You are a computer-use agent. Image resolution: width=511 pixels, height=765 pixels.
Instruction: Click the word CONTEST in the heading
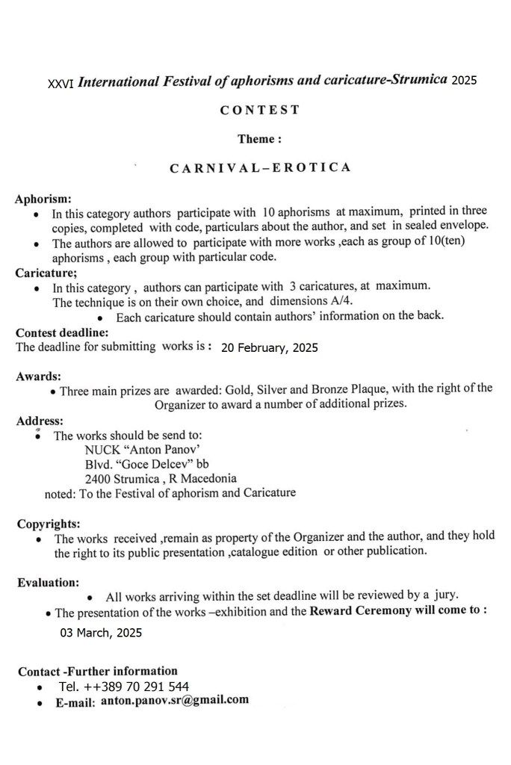click(x=259, y=110)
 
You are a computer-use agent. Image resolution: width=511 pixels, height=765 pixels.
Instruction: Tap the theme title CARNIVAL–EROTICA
click(x=260, y=167)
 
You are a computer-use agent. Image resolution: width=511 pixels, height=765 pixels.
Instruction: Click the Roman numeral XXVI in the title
click(x=61, y=84)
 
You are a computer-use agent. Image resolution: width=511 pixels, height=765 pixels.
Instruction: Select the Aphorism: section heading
click(x=43, y=199)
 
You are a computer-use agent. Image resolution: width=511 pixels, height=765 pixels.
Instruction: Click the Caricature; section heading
click(x=46, y=273)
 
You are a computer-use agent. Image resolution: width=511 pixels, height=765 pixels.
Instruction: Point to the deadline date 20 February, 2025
click(x=270, y=347)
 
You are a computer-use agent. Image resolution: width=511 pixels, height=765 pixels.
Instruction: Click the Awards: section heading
click(x=38, y=376)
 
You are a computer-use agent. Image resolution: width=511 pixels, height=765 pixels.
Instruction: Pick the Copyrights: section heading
click(x=49, y=524)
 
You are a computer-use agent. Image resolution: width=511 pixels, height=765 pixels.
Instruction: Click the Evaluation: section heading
click(x=49, y=582)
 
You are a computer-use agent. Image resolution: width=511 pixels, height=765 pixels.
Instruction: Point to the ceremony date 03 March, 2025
click(x=101, y=633)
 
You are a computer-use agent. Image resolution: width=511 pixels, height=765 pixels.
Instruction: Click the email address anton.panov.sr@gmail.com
click(x=174, y=700)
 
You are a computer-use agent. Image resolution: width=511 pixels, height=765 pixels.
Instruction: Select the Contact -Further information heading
click(x=98, y=671)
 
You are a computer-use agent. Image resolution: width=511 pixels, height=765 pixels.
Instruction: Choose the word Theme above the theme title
click(x=258, y=139)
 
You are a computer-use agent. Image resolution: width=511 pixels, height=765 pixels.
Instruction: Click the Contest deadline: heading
click(x=62, y=332)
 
